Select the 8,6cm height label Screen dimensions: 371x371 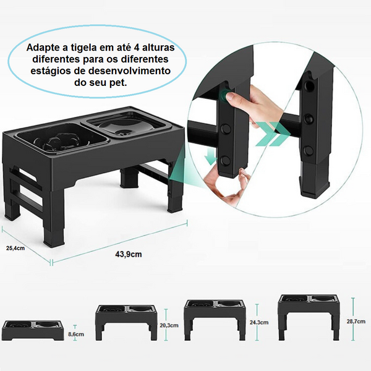point(76,334)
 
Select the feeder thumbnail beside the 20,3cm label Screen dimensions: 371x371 point(126,320)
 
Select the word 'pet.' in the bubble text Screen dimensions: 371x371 point(115,83)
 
